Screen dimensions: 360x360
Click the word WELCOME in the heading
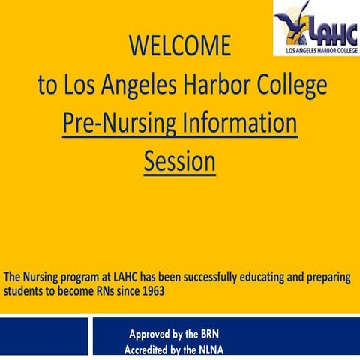pyautogui.click(x=180, y=46)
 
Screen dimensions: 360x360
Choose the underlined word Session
pyautogui.click(x=180, y=161)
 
